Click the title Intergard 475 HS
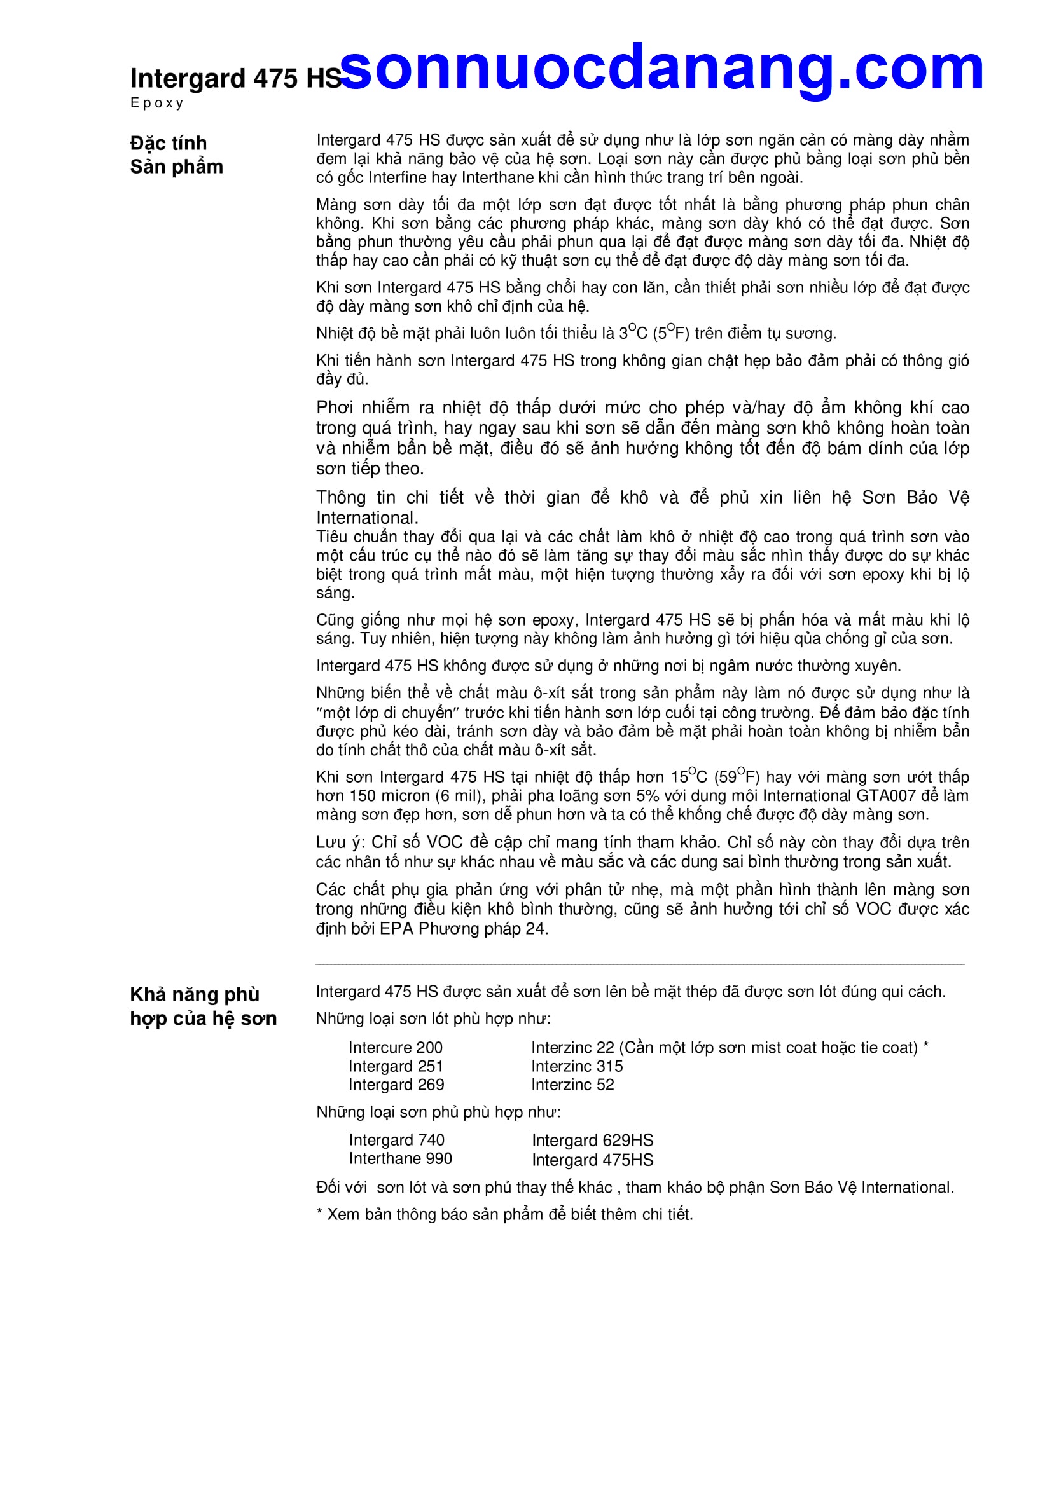tap(235, 78)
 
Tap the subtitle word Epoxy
tap(156, 103)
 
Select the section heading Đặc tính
tap(169, 143)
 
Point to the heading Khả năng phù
tap(195, 994)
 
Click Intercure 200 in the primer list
tap(395, 1047)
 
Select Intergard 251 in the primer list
tap(396, 1066)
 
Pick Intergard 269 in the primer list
tap(396, 1085)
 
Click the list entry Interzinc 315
tap(576, 1066)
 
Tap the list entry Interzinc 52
tap(572, 1085)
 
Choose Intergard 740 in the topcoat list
tap(396, 1140)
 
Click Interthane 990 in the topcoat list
tap(400, 1159)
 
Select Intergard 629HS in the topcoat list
tap(592, 1141)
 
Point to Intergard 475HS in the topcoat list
tap(592, 1160)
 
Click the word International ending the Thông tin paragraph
tap(366, 518)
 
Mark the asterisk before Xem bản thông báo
tap(319, 1213)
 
